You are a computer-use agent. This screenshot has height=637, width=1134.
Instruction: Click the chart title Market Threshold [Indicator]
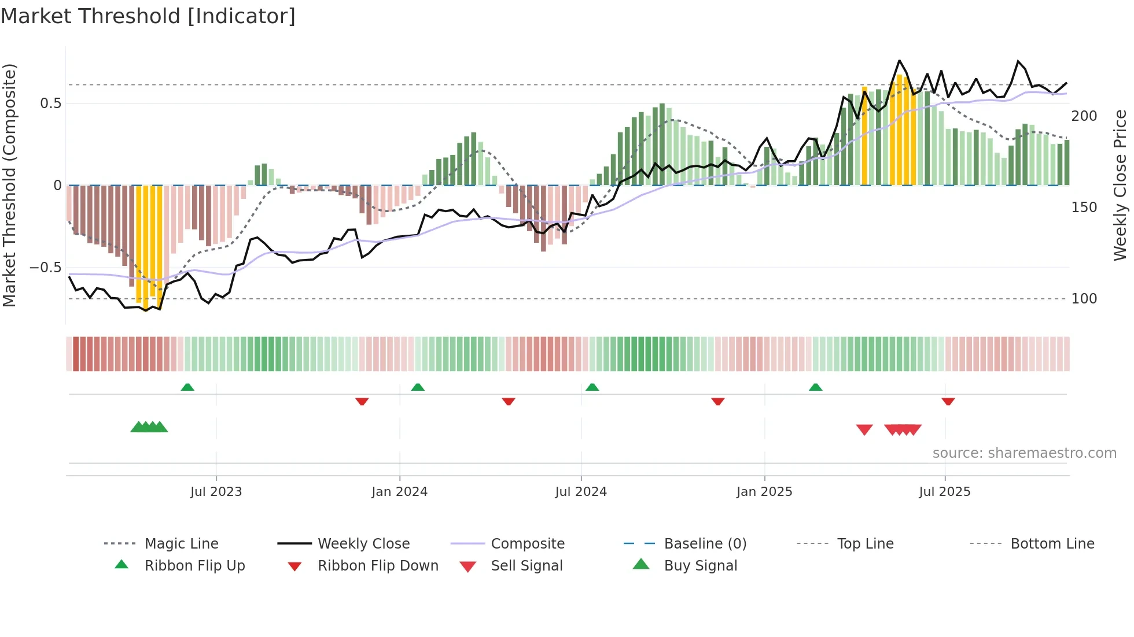148,16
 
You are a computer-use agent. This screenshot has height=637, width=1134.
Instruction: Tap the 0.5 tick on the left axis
50,103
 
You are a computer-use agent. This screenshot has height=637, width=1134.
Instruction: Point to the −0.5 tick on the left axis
45,268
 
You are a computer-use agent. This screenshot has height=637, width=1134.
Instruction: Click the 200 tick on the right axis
1084,116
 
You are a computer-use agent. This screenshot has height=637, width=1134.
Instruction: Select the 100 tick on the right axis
1084,299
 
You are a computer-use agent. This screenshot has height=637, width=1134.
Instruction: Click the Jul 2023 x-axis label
216,492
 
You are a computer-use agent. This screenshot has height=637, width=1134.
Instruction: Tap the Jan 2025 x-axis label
764,492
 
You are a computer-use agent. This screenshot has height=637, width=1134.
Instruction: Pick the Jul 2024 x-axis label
580,492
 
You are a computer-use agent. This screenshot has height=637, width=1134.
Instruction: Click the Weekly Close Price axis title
1120,185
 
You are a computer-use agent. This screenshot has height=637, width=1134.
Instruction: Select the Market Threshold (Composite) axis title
9,185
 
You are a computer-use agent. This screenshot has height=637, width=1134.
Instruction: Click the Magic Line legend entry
181,544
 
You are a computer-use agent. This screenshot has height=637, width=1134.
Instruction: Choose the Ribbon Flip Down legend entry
378,566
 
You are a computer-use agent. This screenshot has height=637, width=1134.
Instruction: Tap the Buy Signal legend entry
700,566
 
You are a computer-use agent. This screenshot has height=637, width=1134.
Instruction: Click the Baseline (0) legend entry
705,544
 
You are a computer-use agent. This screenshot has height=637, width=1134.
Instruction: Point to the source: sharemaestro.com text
1024,453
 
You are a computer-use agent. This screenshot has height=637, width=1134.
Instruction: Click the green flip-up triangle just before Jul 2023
187,387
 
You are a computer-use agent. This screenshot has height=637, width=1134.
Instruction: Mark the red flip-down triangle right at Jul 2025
948,401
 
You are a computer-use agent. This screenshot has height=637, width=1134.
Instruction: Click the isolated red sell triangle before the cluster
864,429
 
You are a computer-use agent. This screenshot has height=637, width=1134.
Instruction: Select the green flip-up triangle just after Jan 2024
418,387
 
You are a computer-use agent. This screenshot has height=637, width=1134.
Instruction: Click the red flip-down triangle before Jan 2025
717,401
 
